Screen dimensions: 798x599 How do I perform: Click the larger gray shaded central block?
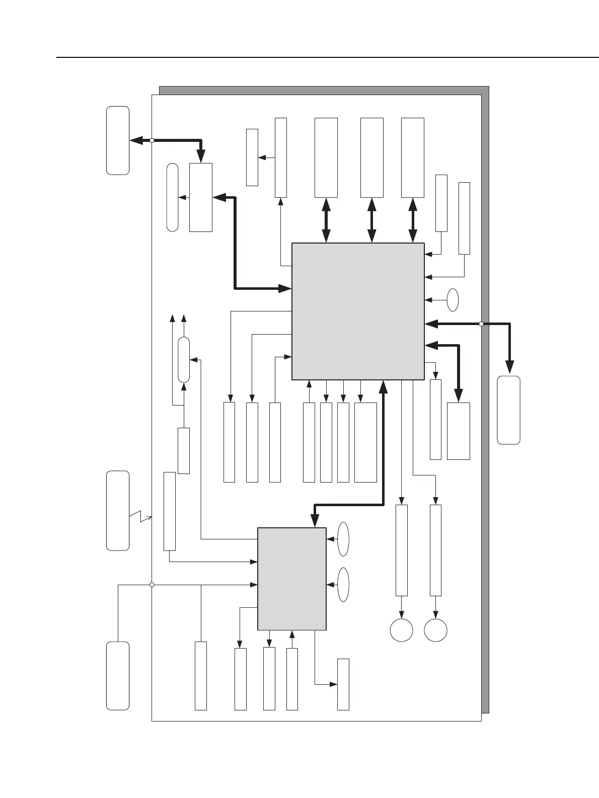point(358,311)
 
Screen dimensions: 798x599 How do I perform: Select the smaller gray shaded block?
point(291,579)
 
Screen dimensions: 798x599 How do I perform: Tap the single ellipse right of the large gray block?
point(453,300)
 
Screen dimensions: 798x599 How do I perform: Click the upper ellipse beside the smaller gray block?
point(343,539)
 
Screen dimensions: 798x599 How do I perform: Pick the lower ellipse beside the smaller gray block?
point(343,585)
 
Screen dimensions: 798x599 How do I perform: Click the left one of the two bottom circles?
point(402,630)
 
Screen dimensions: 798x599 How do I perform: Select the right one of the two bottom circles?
point(436,630)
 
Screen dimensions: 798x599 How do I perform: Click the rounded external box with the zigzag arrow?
point(118,510)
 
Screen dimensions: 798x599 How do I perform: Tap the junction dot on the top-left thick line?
point(152,141)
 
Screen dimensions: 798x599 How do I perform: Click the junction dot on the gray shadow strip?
point(481,324)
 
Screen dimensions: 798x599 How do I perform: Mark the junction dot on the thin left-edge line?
point(152,585)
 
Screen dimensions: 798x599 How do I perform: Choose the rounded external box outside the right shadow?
point(508,410)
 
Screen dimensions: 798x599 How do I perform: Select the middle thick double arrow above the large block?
point(372,220)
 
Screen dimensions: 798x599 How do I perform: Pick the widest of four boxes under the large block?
point(365,442)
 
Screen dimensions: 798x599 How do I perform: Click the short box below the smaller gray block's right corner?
point(343,684)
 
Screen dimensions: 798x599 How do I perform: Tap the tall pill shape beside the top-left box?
point(172,197)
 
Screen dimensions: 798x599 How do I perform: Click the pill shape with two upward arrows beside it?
point(184,360)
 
